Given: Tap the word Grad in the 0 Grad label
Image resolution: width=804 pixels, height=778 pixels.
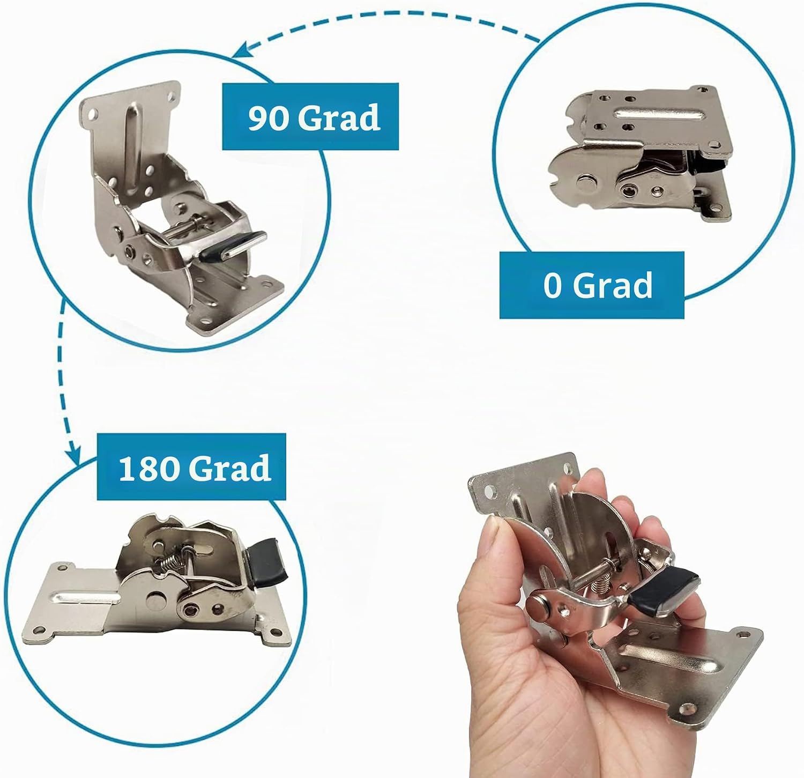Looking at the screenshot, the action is pos(613,285).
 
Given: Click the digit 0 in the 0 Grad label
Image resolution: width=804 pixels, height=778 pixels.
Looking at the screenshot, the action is pos(553,285).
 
